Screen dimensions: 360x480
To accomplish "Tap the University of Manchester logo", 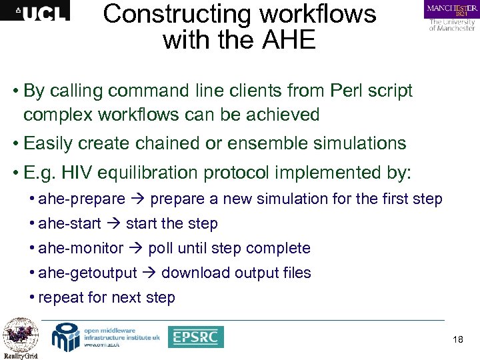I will coord(451,16).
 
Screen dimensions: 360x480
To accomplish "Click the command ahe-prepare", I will coord(82,199).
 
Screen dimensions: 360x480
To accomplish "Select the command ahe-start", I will coord(70,223).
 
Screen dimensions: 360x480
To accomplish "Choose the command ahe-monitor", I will coord(81,248).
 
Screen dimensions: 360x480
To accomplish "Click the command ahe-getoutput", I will coord(87,273).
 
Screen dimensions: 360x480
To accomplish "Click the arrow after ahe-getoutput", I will coord(149,273).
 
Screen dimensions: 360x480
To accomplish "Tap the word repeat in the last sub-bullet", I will coord(61,297).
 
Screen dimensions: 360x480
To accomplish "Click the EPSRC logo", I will coord(195,337).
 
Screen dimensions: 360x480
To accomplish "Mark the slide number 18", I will coord(457,340).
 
